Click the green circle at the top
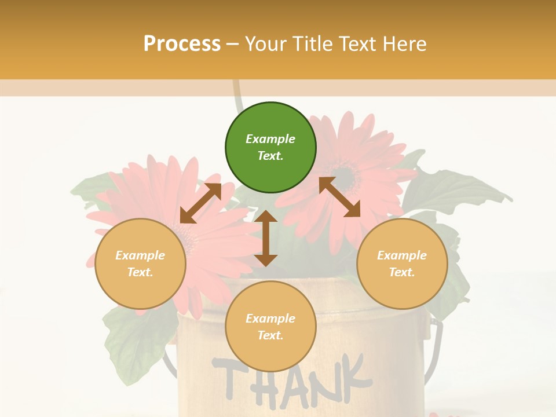click(x=270, y=148)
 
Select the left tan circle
click(x=140, y=264)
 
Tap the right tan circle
click(x=402, y=264)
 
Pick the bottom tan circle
click(x=270, y=327)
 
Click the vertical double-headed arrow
click(x=266, y=238)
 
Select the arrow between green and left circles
click(x=200, y=203)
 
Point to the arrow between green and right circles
click(x=339, y=197)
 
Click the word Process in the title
click(x=182, y=43)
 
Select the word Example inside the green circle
click(x=270, y=139)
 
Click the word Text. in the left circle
click(x=140, y=272)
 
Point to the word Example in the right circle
click(x=402, y=255)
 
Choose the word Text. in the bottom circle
click(x=270, y=335)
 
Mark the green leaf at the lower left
click(x=130, y=342)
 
